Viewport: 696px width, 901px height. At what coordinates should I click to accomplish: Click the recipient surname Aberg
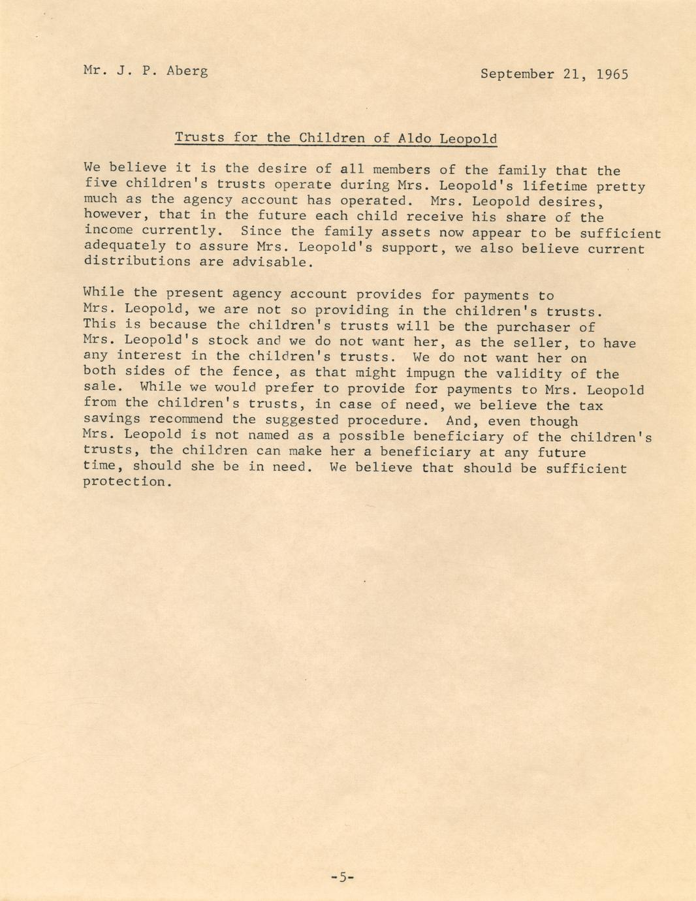pos(187,71)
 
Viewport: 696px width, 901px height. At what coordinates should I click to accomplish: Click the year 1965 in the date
pos(612,74)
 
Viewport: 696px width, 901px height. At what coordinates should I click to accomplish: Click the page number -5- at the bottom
pos(342,877)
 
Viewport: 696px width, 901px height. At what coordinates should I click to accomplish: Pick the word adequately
pos(125,246)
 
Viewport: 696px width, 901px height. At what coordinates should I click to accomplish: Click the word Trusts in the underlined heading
pos(199,138)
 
